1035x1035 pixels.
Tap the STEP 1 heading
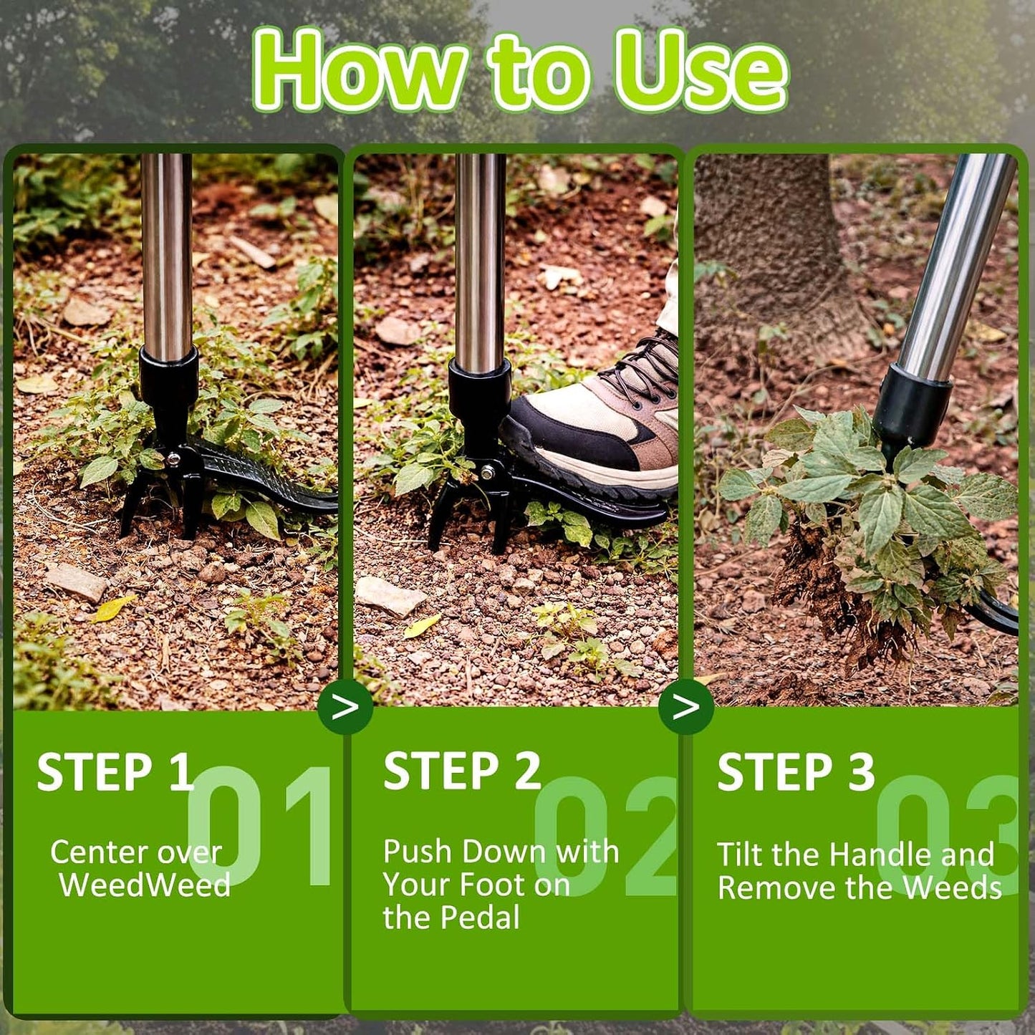115,772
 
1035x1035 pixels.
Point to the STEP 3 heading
796,772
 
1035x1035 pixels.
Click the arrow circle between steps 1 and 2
345,706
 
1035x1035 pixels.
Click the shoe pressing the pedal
591,424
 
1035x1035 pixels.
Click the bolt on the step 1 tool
173,458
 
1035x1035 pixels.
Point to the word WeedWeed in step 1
145,886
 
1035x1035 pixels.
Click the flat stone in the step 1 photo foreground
76,582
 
